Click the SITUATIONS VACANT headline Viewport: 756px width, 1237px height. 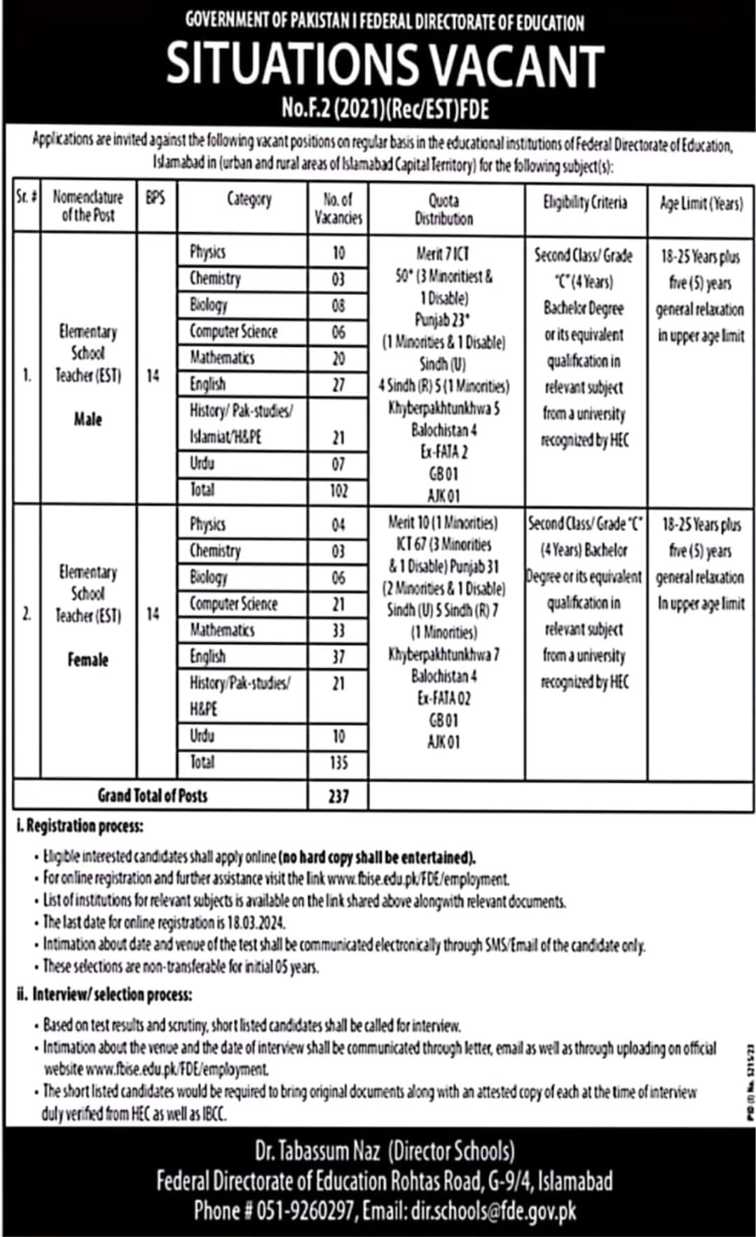[x=385, y=64]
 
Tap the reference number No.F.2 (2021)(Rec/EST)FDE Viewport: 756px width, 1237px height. [x=385, y=109]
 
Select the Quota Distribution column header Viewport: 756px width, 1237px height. [x=444, y=209]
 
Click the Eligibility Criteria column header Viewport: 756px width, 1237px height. [x=585, y=203]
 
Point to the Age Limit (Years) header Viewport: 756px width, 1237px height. [x=701, y=203]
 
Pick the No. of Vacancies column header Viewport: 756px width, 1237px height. [x=338, y=209]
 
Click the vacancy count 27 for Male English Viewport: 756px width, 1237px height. [x=338, y=384]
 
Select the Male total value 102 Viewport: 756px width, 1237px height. [x=338, y=490]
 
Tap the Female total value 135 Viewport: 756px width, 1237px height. [x=338, y=762]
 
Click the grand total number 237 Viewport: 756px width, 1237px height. [x=338, y=796]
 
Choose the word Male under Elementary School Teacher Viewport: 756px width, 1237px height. [x=88, y=419]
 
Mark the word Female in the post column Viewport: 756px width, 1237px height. [x=88, y=659]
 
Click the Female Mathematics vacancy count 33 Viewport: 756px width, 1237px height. [x=338, y=630]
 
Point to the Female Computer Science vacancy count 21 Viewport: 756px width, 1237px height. [x=338, y=604]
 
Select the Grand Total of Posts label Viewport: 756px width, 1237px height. [x=153, y=795]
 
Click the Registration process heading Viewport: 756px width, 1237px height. [x=81, y=826]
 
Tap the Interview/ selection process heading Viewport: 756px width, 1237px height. [x=105, y=995]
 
